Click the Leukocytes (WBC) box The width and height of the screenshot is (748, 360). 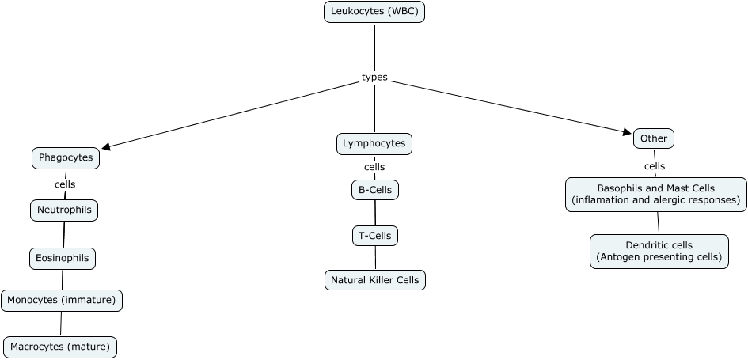coord(374,13)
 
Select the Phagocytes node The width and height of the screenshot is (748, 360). coord(66,158)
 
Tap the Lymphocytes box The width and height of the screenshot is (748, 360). coord(374,143)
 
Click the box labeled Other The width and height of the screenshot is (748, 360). coord(654,138)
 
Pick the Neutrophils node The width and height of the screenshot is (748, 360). coord(65,210)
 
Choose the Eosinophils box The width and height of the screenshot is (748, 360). coord(63,258)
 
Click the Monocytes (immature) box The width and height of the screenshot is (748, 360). coord(62,301)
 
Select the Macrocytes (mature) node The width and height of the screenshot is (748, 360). coord(61,347)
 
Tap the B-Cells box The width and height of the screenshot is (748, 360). coord(375,190)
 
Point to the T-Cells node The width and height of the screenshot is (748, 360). coord(375,235)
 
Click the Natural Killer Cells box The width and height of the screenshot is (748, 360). coord(375,280)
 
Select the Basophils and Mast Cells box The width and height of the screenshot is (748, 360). coord(655,195)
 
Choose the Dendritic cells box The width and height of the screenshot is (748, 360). coord(659,251)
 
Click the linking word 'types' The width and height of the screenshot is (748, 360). coord(374,77)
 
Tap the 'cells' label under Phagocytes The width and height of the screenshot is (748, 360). coord(65,184)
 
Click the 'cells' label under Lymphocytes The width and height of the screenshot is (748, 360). coord(374,167)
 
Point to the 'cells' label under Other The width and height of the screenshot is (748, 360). coord(655,166)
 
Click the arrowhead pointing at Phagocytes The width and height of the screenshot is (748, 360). coord(108,146)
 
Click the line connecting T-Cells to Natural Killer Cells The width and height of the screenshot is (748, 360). coord(375,258)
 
